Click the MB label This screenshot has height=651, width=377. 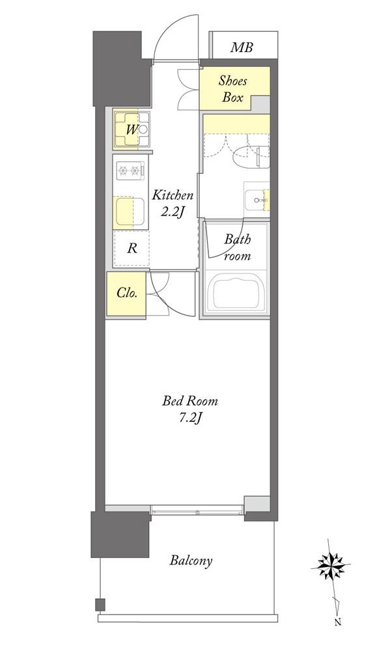[241, 48]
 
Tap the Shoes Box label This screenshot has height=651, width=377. [233, 89]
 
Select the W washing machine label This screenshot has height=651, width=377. [132, 130]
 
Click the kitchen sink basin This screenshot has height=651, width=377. [130, 212]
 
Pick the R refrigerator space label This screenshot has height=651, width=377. [132, 249]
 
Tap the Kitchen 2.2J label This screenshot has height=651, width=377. [173, 203]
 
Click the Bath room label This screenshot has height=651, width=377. [238, 247]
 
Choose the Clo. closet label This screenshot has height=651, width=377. [126, 293]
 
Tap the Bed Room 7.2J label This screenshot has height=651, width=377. [189, 409]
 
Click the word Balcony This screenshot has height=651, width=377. [191, 561]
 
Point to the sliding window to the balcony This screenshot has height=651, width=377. [196, 510]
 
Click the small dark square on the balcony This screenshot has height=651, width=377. [100, 605]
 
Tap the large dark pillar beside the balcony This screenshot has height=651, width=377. [120, 534]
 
